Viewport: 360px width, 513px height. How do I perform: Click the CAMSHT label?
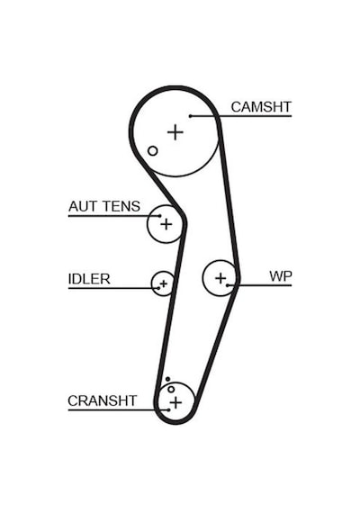point(261,107)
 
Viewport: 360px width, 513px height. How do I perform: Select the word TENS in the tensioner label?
point(121,206)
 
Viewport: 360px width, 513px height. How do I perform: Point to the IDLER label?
point(89,279)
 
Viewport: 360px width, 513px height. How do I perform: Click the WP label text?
point(281,276)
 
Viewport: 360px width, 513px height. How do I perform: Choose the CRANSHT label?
point(102,400)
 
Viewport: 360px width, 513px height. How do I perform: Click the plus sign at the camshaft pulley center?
point(175,132)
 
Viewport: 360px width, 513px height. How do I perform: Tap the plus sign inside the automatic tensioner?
point(166,224)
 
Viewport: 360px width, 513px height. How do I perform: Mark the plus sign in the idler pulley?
point(163,283)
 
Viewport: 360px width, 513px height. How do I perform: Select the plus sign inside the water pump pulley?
point(220,278)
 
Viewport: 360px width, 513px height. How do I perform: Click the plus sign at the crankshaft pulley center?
point(175,402)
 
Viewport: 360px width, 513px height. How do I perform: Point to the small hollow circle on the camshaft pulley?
point(152,151)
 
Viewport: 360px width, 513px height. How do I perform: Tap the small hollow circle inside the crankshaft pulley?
point(171,390)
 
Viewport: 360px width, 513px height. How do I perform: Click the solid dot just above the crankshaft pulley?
point(167,379)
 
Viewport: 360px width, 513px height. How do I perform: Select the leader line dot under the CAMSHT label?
point(190,116)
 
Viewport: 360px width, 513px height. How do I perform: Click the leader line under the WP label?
point(259,285)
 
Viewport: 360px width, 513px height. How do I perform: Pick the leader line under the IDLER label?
point(113,288)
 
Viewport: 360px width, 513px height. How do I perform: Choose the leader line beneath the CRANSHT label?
point(119,409)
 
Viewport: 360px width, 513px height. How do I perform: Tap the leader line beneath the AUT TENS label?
point(114,216)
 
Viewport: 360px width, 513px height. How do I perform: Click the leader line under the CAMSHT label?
point(240,116)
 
